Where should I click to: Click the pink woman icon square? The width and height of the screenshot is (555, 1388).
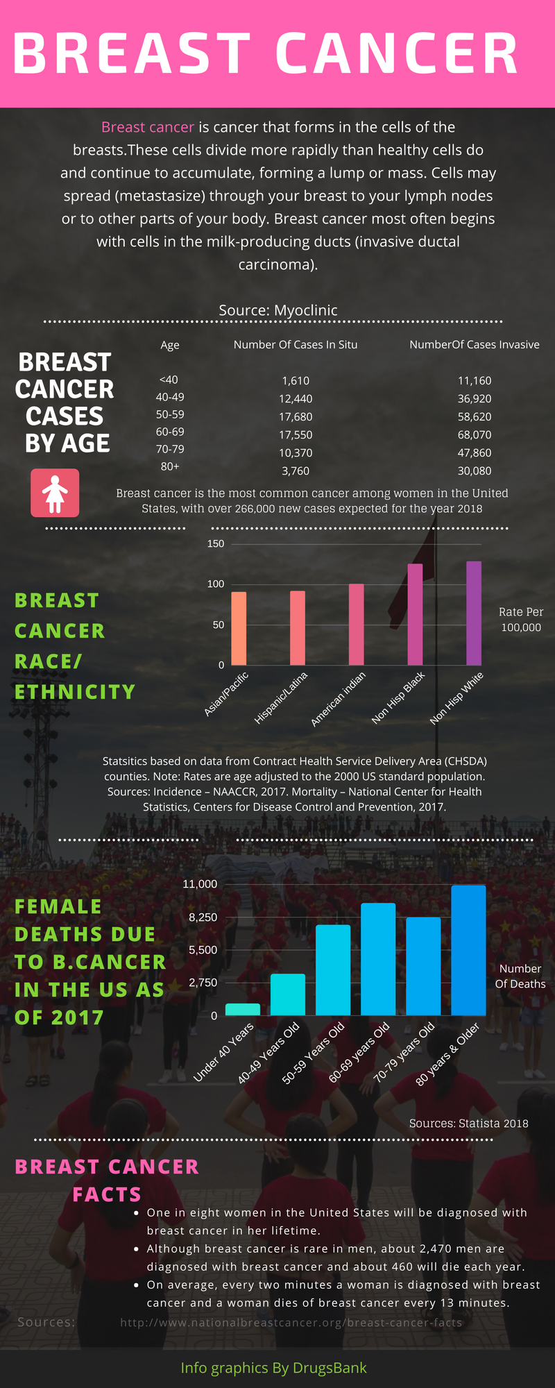[x=55, y=493]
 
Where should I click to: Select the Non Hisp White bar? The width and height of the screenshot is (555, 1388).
[x=474, y=613]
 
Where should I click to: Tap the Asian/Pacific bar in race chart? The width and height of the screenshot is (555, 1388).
[x=239, y=629]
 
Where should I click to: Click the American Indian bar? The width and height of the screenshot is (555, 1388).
[x=356, y=625]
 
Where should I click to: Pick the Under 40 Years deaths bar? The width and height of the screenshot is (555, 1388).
[x=243, y=1010]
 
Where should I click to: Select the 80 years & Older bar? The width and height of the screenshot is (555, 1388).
[x=468, y=951]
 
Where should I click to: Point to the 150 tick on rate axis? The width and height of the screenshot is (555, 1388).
[x=216, y=543]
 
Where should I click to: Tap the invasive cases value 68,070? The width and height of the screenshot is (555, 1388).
[x=475, y=435]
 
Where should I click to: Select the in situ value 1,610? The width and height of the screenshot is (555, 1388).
[x=296, y=381]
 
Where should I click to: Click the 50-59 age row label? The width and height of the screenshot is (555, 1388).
[x=170, y=415]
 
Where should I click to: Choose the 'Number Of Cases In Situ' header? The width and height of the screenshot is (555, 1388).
[x=296, y=345]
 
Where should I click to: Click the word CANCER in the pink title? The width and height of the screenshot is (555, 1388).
[x=397, y=54]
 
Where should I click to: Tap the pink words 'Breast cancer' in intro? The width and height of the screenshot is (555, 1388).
[x=148, y=127]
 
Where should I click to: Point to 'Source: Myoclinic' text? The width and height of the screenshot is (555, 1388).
[x=278, y=310]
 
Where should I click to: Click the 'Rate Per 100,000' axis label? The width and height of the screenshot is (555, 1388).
[x=521, y=620]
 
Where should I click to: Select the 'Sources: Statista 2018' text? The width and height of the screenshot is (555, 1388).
[x=469, y=1124]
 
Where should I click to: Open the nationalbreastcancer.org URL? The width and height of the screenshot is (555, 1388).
[x=291, y=1323]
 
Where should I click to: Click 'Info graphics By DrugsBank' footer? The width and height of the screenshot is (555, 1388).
[x=273, y=1368]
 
